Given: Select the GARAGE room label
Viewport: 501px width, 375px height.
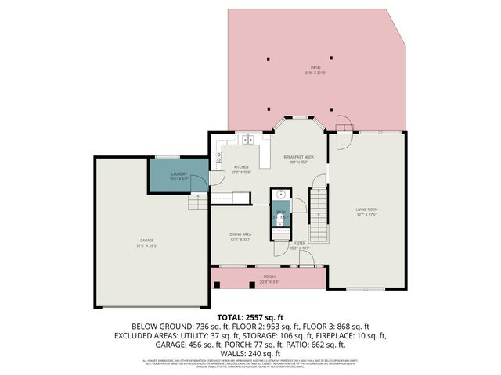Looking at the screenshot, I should pyautogui.click(x=146, y=241).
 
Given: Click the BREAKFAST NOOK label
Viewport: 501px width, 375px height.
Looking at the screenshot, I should pyautogui.click(x=299, y=159).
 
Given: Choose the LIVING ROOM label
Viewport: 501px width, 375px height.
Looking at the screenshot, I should pyautogui.click(x=367, y=211).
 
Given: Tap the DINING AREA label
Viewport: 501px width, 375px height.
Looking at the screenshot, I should pyautogui.click(x=241, y=236).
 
